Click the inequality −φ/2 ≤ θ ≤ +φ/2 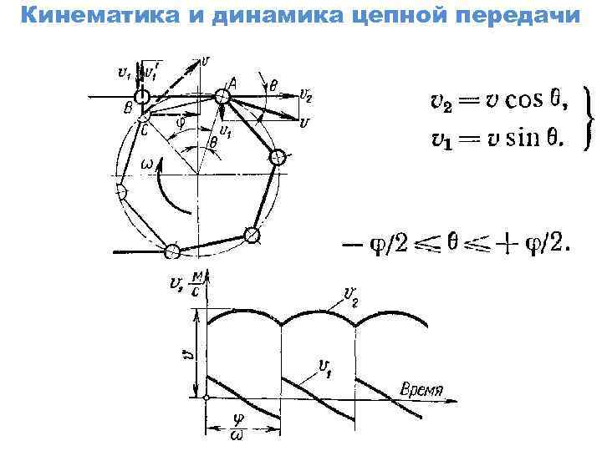456,245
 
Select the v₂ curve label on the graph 350,294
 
